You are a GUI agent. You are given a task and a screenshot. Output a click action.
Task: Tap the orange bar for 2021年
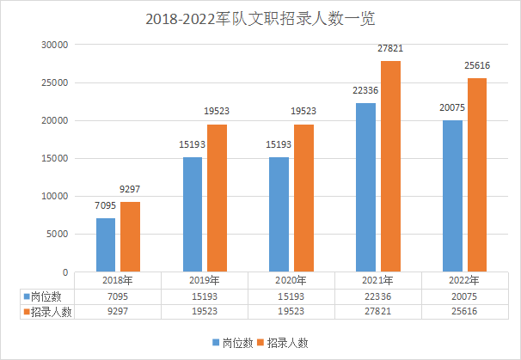(x=390, y=167)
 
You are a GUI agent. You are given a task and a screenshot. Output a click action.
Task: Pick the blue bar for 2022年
(x=452, y=196)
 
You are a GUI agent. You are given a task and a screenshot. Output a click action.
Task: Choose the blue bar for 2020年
(x=279, y=214)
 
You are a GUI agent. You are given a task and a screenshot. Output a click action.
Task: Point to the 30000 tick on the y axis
(x=55, y=45)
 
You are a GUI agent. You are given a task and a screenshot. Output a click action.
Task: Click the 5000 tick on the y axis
(x=58, y=234)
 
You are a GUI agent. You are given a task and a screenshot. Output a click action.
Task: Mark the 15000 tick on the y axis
(x=55, y=158)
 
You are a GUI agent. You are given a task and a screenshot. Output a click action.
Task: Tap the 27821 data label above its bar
(x=390, y=49)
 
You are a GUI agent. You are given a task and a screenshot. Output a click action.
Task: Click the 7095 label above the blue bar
(x=105, y=206)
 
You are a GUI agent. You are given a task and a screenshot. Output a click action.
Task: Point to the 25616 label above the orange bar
(x=476, y=66)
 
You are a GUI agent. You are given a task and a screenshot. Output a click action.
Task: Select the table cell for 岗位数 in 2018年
(x=117, y=296)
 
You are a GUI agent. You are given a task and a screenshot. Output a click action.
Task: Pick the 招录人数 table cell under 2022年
(x=464, y=312)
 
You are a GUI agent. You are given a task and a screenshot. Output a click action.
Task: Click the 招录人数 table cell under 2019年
(x=204, y=312)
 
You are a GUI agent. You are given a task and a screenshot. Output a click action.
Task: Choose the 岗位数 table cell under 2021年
(x=377, y=296)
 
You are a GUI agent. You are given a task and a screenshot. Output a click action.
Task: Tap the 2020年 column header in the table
(x=291, y=280)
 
